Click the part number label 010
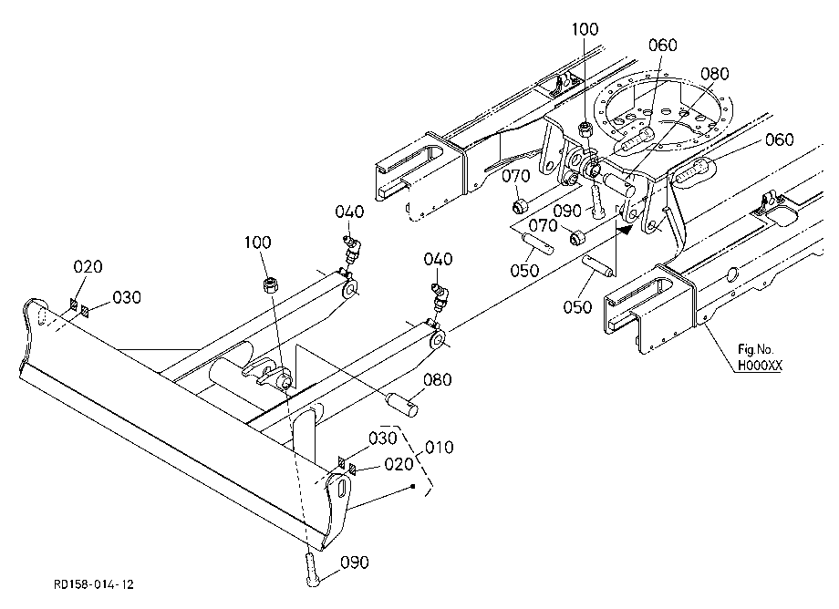[440, 447]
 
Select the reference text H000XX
[760, 366]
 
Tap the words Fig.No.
[755, 350]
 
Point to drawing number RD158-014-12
[94, 584]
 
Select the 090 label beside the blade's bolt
[355, 563]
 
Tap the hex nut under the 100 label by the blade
[271, 285]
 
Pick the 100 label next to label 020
[258, 243]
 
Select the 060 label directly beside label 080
[662, 46]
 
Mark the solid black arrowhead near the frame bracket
[624, 230]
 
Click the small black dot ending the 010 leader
[413, 486]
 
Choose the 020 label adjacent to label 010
[399, 464]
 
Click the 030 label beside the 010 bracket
[383, 439]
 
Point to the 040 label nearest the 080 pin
[439, 259]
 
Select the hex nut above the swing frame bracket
[585, 129]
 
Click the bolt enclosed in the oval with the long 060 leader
[692, 172]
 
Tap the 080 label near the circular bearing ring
[715, 74]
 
